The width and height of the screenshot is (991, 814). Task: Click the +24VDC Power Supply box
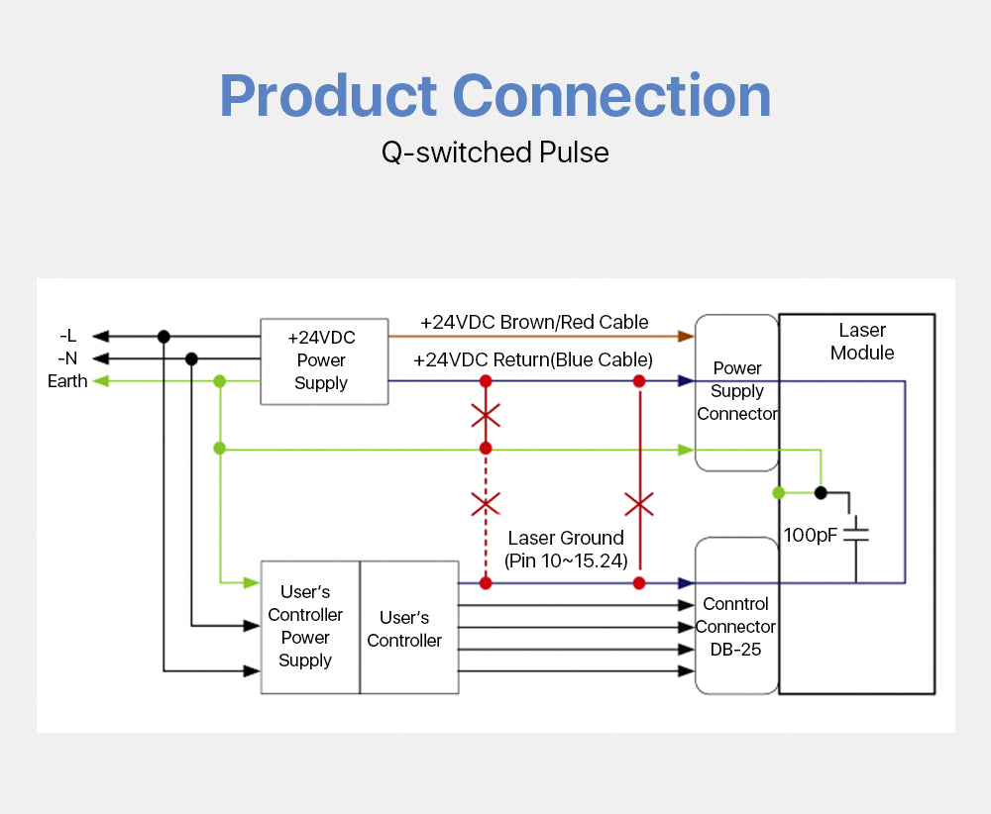point(321,360)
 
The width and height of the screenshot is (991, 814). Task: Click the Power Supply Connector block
point(736,391)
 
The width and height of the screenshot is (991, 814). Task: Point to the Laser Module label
point(862,342)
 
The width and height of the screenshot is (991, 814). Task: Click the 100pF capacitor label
point(811,535)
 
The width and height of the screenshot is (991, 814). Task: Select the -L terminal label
point(67,337)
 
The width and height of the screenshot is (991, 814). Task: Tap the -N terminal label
point(67,358)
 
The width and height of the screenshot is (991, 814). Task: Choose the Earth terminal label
point(67,381)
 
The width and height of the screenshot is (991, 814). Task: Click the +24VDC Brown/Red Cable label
point(534,323)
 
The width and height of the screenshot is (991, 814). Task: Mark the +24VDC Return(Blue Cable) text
point(533,360)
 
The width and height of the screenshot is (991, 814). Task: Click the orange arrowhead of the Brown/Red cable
point(686,337)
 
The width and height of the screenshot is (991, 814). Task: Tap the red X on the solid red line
point(639,505)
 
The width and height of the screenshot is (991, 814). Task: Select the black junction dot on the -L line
point(164,337)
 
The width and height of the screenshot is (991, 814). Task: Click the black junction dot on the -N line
point(191,358)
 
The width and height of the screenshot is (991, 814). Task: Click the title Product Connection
point(495,96)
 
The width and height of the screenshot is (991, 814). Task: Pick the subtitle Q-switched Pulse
point(495,153)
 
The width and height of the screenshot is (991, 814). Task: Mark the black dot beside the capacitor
point(821,492)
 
